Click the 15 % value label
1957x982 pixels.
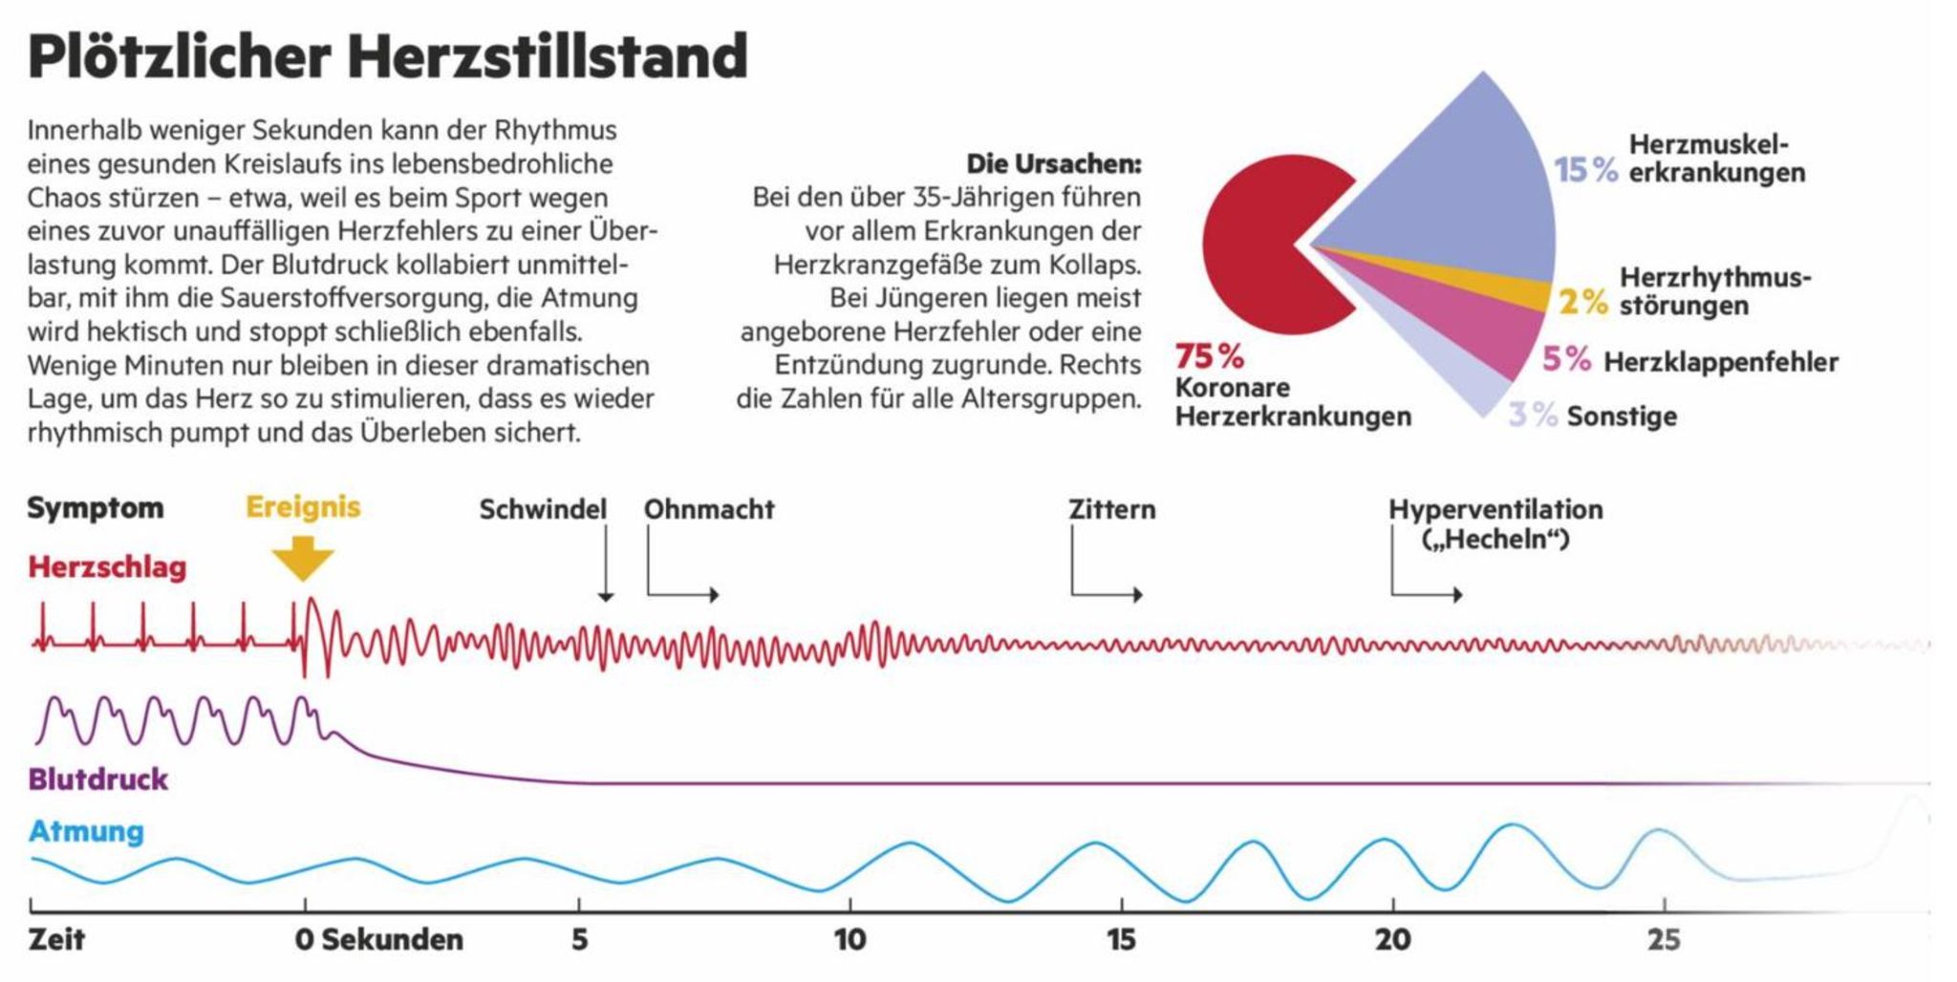pyautogui.click(x=1585, y=170)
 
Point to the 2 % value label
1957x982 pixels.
pyautogui.click(x=1583, y=302)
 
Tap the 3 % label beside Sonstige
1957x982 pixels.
pyautogui.click(x=1533, y=416)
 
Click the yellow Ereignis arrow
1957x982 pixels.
pyautogui.click(x=302, y=558)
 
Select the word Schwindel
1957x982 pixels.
pyautogui.click(x=543, y=509)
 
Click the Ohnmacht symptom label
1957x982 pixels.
pyautogui.click(x=709, y=509)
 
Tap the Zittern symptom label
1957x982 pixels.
pyautogui.click(x=1112, y=509)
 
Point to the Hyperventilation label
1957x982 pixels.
pyautogui.click(x=1495, y=509)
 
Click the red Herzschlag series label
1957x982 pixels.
pyautogui.click(x=107, y=566)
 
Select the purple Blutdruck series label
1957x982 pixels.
pyautogui.click(x=98, y=779)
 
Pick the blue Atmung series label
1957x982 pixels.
pyautogui.click(x=86, y=831)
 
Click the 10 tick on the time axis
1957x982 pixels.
pyautogui.click(x=849, y=939)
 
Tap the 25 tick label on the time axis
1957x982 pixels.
pyautogui.click(x=1664, y=939)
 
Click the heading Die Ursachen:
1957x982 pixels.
pyautogui.click(x=1054, y=163)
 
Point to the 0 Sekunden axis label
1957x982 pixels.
pyautogui.click(x=379, y=939)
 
